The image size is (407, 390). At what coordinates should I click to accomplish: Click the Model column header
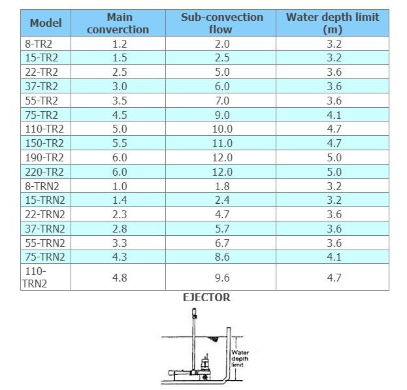[x=46, y=23]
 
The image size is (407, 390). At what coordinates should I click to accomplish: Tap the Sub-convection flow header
[x=221, y=23]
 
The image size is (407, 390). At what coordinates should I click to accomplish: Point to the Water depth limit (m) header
[x=333, y=23]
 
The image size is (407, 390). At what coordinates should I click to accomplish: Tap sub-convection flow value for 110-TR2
[x=221, y=129]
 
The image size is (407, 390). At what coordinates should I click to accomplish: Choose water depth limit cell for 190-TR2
[x=333, y=157]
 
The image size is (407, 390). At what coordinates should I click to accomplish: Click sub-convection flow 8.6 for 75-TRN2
[x=221, y=257]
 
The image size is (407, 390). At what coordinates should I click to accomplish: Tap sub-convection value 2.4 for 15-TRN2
[x=221, y=201]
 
